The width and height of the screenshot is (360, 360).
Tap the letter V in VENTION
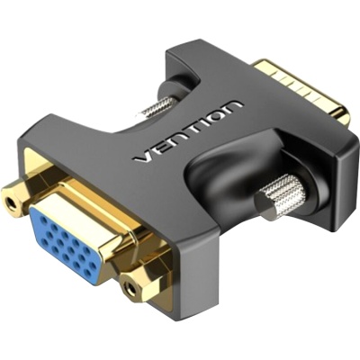pyautogui.click(x=139, y=159)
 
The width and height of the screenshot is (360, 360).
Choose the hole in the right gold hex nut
pyautogui.click(x=133, y=289)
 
